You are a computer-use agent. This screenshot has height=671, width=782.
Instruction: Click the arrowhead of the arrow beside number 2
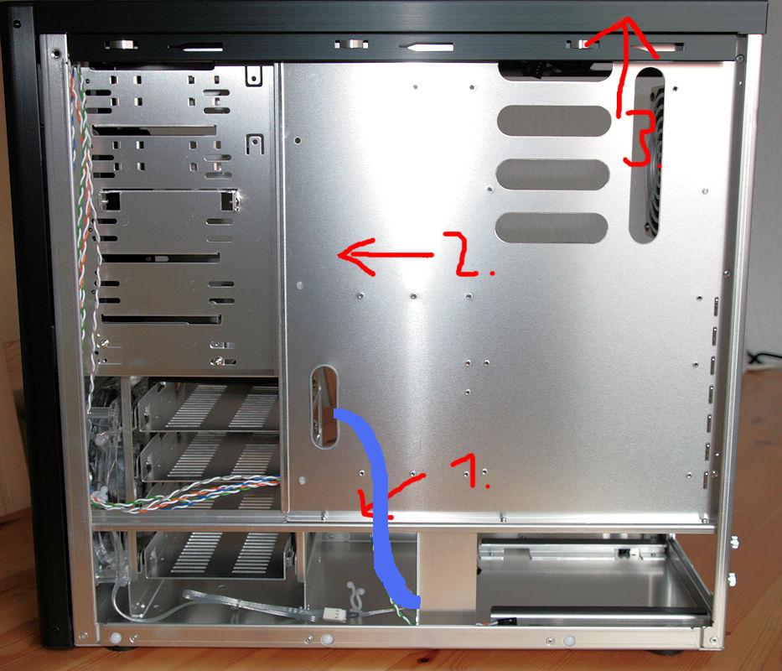350,256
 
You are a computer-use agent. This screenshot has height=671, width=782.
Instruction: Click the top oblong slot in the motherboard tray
554,121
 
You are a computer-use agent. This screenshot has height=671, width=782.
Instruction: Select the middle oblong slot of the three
552,174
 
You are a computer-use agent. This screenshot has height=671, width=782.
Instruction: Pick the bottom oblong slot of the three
552,227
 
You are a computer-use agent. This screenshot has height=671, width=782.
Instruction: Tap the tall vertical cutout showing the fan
647,156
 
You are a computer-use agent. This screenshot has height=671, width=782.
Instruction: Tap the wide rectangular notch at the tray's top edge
555,72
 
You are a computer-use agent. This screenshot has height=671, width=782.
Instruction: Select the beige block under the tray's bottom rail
447,570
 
